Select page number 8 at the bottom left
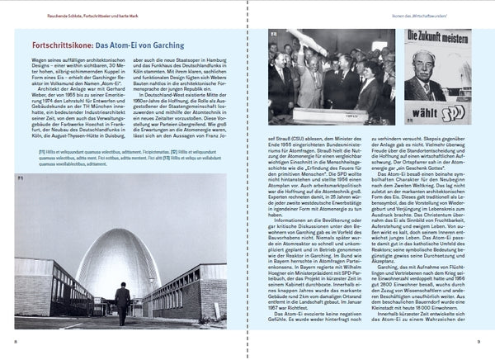tap(14, 339)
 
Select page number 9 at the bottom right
tap(480, 339)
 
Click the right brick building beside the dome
tap(194, 289)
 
